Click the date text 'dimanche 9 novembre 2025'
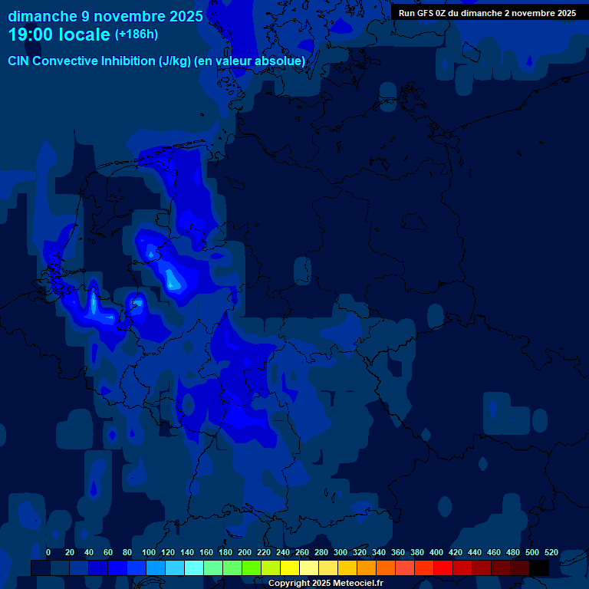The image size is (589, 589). pos(105,16)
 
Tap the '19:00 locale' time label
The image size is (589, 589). pos(59,35)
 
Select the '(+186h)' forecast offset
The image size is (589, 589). pos(137,35)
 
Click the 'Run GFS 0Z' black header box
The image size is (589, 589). pos(487,13)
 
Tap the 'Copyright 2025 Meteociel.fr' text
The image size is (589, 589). pos(325,584)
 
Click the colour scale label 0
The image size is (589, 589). pos(48,552)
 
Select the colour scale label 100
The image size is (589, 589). pos(127,552)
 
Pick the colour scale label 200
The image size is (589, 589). pos(245,552)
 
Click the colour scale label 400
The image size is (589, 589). pos(436,552)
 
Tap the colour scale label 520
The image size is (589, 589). pos(551,552)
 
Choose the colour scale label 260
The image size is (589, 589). pos(302,552)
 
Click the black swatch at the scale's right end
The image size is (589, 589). pos(539,568)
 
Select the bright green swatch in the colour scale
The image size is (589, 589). pos(252,568)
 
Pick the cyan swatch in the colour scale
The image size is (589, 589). pos(194,568)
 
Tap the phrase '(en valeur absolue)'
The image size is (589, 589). pos(250,61)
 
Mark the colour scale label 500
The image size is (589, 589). pos(532,552)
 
